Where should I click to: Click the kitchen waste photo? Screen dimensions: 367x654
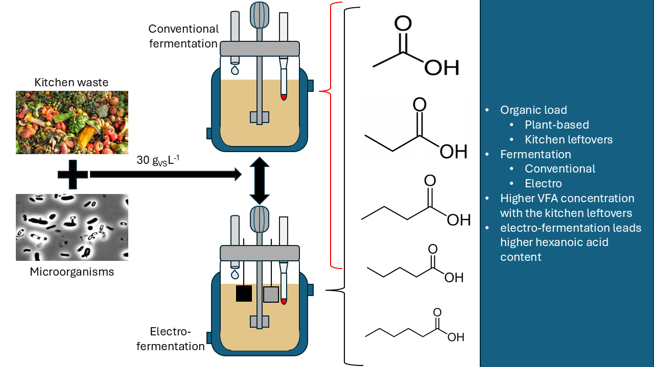[x=72, y=123]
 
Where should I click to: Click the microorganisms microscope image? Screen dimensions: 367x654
[x=72, y=227]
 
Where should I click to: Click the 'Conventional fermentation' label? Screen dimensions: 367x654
[x=183, y=36]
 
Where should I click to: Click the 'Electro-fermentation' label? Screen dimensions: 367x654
[x=177, y=339]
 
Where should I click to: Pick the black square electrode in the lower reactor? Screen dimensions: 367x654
[x=244, y=293]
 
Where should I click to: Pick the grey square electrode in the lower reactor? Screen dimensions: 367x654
[x=271, y=295]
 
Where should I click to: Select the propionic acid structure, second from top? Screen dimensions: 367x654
[x=416, y=130]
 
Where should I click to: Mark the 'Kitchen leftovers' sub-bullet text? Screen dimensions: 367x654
[x=568, y=139]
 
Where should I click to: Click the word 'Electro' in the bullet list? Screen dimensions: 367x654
[x=543, y=183]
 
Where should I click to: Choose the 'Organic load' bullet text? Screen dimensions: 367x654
[x=533, y=110]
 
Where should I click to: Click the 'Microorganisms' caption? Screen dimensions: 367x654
[x=72, y=272]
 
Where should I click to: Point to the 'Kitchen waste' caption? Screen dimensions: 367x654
[x=72, y=82]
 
